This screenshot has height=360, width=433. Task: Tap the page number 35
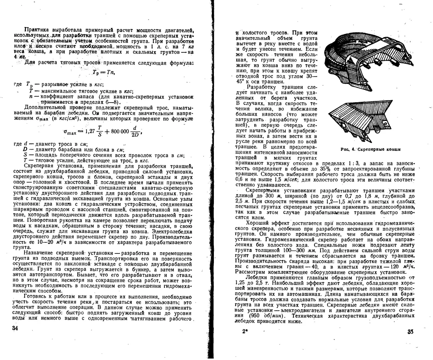coord(410,331)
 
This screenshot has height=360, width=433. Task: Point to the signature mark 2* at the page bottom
coord(244,331)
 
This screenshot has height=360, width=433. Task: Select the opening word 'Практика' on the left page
coord(38,30)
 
